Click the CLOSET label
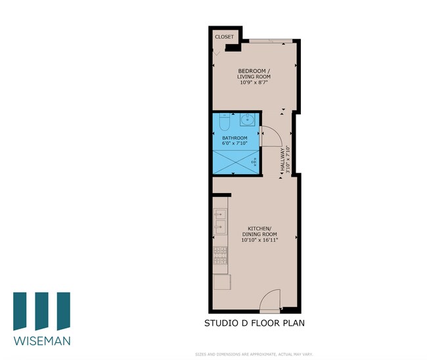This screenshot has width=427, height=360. (x=224, y=37)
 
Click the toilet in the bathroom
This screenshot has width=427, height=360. (x=223, y=122)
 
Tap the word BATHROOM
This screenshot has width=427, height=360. (x=235, y=137)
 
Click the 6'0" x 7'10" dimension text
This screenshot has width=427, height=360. (x=235, y=143)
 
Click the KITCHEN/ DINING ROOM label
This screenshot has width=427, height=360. (x=259, y=231)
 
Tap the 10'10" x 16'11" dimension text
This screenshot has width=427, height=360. (x=259, y=240)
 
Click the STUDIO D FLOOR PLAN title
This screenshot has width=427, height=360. (x=254, y=323)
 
